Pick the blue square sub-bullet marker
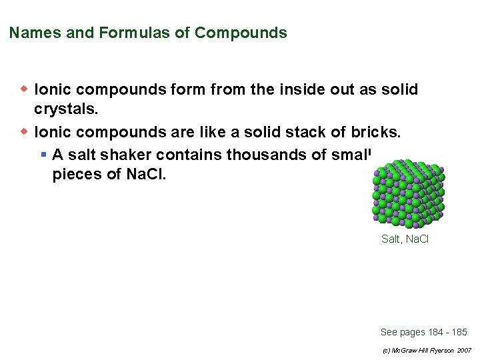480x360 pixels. point(43,155)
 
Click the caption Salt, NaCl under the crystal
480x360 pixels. point(405,239)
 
